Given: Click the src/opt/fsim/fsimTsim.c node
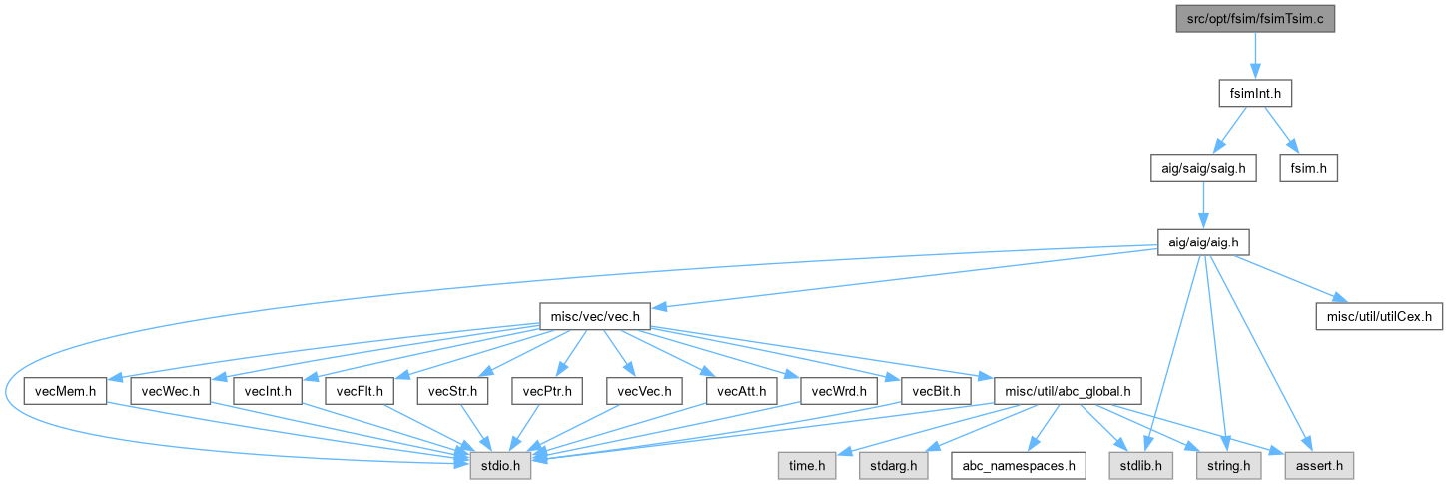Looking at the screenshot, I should pos(1255,18).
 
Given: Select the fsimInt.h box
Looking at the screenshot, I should pos(1255,93).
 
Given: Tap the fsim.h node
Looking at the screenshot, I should pos(1309,168).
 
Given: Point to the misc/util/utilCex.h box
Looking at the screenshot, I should pos(1378,317).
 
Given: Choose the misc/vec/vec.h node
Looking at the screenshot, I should pos(595,317).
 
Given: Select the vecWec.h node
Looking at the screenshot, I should pos(170,391).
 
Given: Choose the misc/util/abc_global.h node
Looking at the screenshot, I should pos(1060,391).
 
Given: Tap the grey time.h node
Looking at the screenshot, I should pos(807,465).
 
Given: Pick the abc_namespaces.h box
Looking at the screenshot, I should pos(1017,465).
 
